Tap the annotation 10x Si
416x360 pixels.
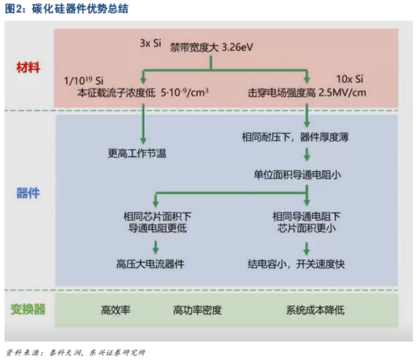click(x=350, y=79)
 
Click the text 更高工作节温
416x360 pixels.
click(x=137, y=153)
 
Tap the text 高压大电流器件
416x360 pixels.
click(x=151, y=264)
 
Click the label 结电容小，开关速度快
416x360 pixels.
click(x=296, y=264)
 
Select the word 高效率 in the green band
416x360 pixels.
click(x=115, y=310)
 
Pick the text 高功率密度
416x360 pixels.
click(x=197, y=310)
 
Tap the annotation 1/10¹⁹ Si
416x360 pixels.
click(x=84, y=80)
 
